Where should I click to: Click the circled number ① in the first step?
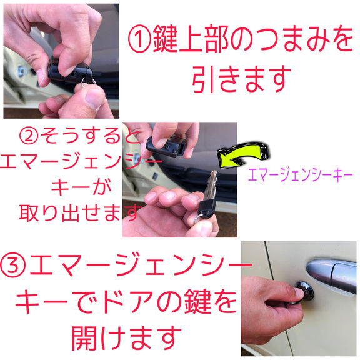click(139, 39)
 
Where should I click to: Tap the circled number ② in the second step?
click(29, 136)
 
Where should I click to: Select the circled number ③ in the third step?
click(13, 266)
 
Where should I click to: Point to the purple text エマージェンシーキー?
click(300, 175)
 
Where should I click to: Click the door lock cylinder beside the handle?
click(304, 291)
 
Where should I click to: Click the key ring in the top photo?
click(87, 81)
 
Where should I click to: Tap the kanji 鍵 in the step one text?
click(165, 39)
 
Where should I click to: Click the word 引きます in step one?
click(241, 79)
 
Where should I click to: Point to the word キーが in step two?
click(81, 186)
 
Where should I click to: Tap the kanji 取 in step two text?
click(29, 213)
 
